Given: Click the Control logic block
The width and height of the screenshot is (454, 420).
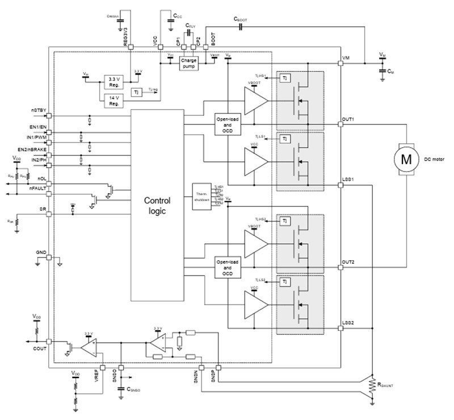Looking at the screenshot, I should pyautogui.click(x=157, y=205).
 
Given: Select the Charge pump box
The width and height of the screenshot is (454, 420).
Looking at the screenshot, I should pyautogui.click(x=188, y=63).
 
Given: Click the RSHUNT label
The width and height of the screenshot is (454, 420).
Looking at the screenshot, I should pyautogui.click(x=390, y=385).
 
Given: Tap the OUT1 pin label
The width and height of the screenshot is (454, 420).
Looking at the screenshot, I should pyautogui.click(x=348, y=120).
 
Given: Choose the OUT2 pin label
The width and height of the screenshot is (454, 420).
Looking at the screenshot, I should pyautogui.click(x=348, y=262).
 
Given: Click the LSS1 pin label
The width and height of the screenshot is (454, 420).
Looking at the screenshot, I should pyautogui.click(x=348, y=179).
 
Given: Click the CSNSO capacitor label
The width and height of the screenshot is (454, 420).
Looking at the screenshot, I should pyautogui.click(x=134, y=390).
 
